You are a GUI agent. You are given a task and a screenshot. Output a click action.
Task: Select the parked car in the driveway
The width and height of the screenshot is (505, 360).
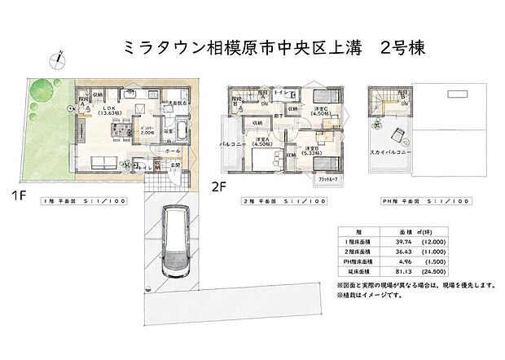click(175, 242)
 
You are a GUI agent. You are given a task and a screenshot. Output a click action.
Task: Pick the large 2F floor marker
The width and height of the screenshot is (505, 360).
click(218, 187)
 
